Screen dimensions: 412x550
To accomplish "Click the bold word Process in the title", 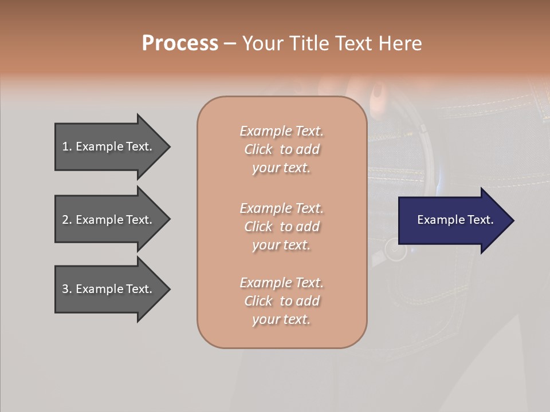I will [x=180, y=43].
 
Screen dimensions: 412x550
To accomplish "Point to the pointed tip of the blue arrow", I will [x=512, y=220].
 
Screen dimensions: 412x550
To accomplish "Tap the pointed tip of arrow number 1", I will [x=168, y=146].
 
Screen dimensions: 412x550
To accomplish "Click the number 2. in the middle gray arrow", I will [x=67, y=220].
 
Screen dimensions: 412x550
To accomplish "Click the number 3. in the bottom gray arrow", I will [x=67, y=289].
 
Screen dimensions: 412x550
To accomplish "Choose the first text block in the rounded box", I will [x=281, y=149].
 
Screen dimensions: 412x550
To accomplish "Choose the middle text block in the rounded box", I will [x=281, y=227].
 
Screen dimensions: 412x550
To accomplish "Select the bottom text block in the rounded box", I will [x=281, y=301].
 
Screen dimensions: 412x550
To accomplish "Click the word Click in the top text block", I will [x=258, y=149].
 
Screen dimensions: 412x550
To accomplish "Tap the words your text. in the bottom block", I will [x=281, y=319].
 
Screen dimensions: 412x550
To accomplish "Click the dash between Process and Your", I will [x=230, y=43].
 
